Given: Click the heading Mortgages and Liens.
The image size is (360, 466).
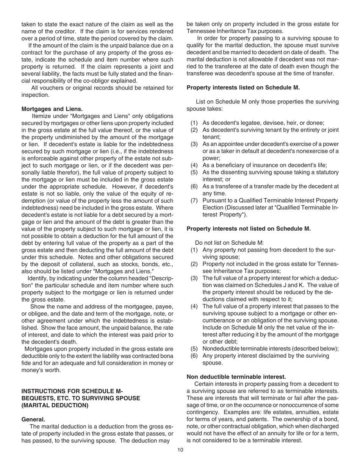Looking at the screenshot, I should pyautogui.click(x=52, y=109).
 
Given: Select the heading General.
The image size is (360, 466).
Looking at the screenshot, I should pyautogui.click(x=33, y=419).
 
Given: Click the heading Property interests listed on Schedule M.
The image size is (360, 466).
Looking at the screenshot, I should pyautogui.click(x=243, y=88).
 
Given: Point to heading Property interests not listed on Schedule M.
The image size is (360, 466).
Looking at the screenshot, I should pyautogui.click(x=249, y=228).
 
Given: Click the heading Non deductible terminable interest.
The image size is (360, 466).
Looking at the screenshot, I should pyautogui.click(x=236, y=377).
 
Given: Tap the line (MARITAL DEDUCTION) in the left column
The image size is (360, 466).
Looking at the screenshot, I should pyautogui.click(x=55, y=405).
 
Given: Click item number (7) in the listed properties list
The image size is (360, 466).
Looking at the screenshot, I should pyautogui.click(x=194, y=200).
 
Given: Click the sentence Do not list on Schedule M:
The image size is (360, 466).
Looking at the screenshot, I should pyautogui.click(x=229, y=243).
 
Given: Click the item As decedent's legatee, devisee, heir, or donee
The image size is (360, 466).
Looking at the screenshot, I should pyautogui.click(x=263, y=123).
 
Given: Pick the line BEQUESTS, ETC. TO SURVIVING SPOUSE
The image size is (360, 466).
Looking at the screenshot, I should pyautogui.click(x=81, y=398).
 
